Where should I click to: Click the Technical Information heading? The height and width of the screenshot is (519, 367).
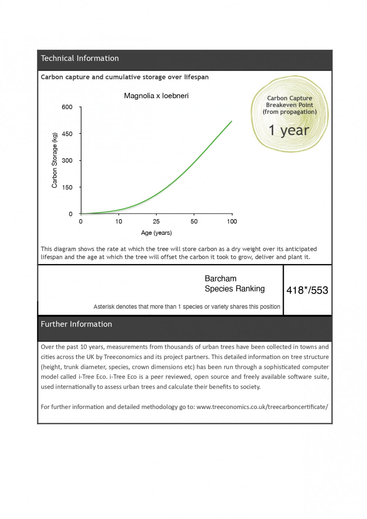(80, 58)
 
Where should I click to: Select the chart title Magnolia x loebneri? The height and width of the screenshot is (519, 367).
(156, 96)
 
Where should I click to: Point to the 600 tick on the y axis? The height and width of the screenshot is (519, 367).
(67, 107)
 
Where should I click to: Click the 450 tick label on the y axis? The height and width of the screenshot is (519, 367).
(67, 134)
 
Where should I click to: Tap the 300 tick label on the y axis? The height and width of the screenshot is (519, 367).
(67, 160)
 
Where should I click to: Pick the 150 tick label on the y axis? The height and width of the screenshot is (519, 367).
(67, 187)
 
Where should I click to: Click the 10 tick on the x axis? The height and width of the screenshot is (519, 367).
(119, 221)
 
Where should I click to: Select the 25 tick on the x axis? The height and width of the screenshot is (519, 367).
(156, 221)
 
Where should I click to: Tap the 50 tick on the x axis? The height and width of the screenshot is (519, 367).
(194, 221)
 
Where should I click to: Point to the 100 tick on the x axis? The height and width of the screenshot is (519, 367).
(232, 221)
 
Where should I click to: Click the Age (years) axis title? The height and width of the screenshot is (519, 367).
(156, 233)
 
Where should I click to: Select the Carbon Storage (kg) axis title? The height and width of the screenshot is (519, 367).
(55, 160)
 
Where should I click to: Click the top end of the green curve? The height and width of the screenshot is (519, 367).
(231, 121)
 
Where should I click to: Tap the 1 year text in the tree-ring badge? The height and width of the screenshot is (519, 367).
(289, 130)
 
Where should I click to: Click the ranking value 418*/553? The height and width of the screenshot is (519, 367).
(307, 290)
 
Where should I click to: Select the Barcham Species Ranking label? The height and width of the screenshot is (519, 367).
(234, 284)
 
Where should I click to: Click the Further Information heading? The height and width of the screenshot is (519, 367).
(76, 324)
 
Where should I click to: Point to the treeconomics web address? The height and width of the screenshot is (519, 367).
(262, 407)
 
